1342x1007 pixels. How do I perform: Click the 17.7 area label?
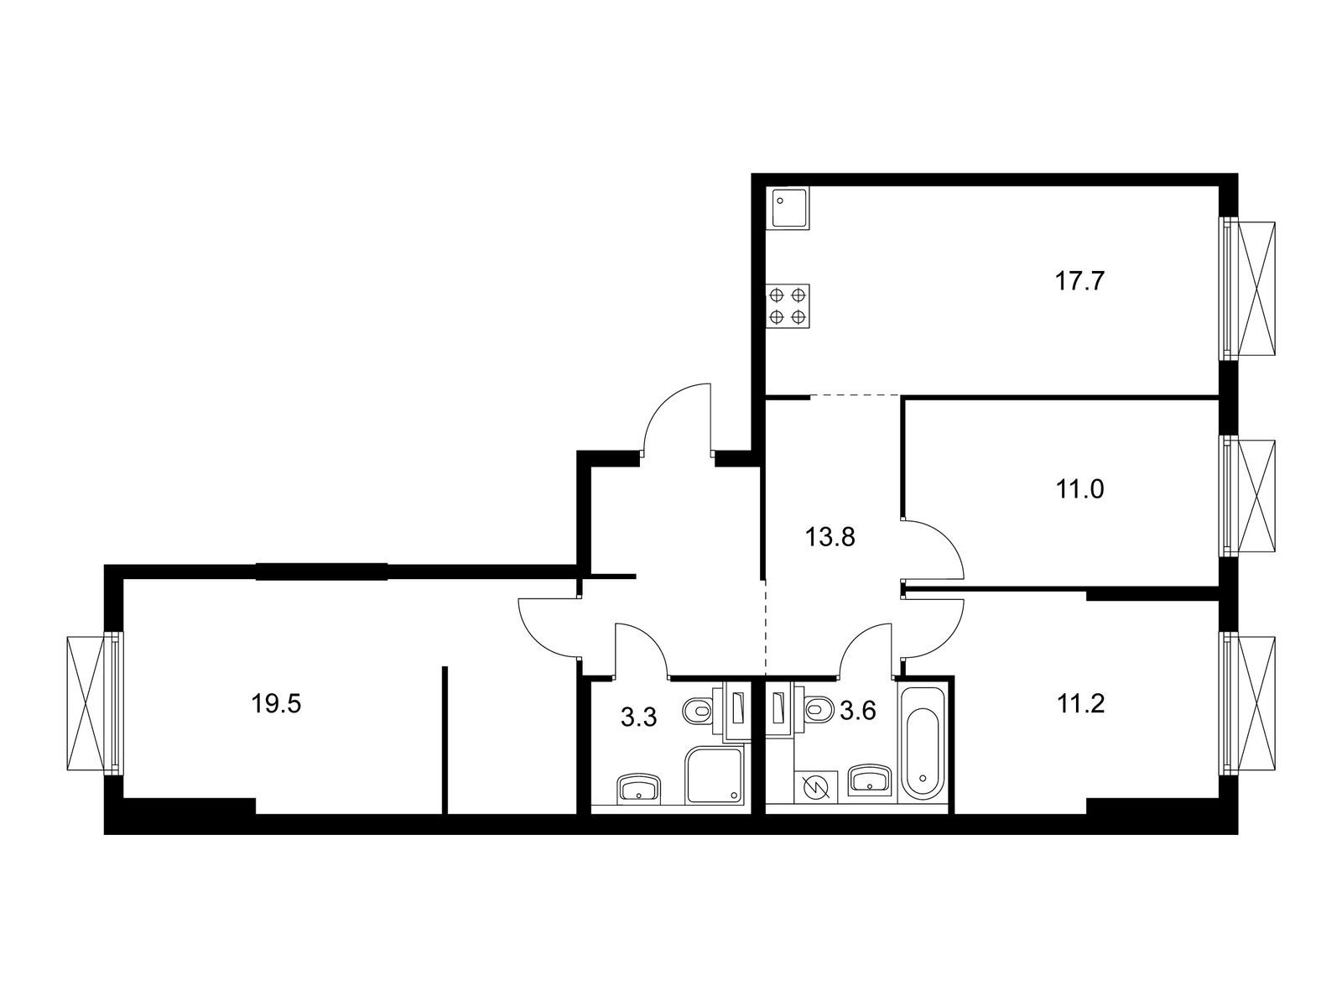point(1080,280)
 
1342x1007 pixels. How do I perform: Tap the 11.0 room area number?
point(1080,488)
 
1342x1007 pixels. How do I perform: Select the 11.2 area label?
point(1080,703)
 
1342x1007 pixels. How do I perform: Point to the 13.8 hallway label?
point(830,537)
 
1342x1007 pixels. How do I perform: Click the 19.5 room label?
point(276,703)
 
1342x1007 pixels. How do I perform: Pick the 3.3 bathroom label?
point(638,717)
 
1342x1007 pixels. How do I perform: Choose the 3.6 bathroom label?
point(858,712)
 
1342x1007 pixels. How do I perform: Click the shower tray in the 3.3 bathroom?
point(715,776)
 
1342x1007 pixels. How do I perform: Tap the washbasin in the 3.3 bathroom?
point(640,788)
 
